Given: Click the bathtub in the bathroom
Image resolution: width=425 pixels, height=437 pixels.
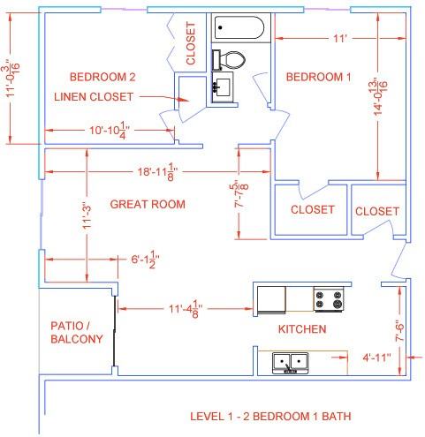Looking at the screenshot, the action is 239,27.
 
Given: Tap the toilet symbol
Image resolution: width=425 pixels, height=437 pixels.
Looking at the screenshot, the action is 229,60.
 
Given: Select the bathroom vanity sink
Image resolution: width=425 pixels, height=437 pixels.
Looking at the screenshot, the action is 223,87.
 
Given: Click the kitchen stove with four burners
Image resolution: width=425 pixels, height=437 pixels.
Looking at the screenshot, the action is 329,299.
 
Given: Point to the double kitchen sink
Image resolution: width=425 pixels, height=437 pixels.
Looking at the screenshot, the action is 291,363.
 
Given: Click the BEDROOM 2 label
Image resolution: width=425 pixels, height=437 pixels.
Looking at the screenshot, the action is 102,77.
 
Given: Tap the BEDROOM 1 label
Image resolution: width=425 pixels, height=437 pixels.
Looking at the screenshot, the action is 319,77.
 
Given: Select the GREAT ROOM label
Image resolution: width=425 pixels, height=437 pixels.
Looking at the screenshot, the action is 148,204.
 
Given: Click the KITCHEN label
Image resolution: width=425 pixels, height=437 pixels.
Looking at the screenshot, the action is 302,329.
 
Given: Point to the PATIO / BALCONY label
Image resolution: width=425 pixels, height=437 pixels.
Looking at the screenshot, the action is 77,333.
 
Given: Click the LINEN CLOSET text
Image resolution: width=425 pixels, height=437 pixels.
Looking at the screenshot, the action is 94,97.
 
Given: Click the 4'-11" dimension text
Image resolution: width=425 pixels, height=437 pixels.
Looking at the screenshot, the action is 376,358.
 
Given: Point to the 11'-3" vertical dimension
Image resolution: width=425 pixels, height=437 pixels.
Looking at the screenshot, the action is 87,215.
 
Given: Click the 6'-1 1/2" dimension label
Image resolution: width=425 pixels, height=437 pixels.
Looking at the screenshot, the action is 145,260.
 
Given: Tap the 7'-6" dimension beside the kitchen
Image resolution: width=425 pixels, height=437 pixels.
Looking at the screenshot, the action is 399,330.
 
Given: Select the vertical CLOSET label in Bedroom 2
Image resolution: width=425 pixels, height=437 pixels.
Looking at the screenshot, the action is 191,43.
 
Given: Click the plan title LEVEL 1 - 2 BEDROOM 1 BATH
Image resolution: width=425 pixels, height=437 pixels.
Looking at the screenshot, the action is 270,417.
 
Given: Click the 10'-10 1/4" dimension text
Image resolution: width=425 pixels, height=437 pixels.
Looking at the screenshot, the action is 110,131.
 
